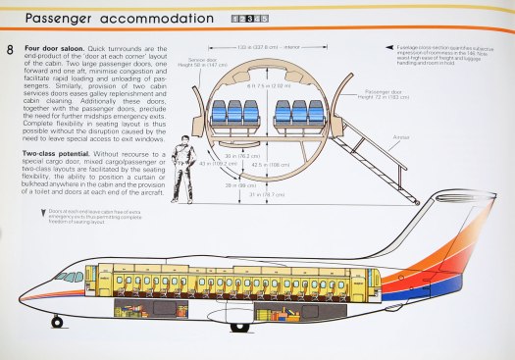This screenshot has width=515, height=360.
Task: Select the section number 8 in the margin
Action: (10, 49)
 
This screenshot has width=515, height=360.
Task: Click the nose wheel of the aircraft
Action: (57, 321)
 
